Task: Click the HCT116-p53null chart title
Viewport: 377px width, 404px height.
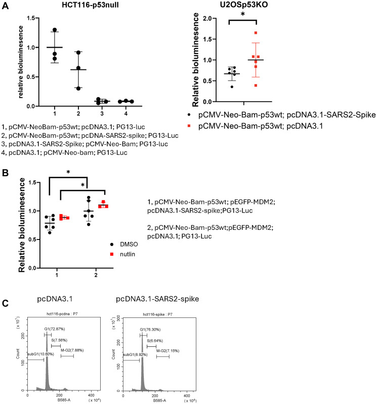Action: (x=90, y=5)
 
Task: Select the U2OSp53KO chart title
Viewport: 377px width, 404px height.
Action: (x=243, y=5)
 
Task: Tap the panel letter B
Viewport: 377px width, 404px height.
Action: (x=5, y=173)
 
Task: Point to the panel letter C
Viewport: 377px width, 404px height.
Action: (x=5, y=303)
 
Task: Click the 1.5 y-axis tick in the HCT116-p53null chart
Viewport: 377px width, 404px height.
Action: (x=32, y=18)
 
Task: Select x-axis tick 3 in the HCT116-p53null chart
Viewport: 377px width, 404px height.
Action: (x=102, y=113)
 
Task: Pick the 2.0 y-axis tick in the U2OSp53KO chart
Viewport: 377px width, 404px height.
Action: (x=207, y=18)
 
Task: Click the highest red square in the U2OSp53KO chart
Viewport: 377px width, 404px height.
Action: (x=256, y=33)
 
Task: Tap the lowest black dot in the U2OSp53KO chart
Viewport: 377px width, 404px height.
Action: (x=232, y=87)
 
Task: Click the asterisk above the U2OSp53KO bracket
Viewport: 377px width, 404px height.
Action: (x=242, y=14)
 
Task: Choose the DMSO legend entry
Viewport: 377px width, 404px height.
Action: (x=124, y=244)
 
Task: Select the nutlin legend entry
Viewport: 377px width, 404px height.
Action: (x=122, y=254)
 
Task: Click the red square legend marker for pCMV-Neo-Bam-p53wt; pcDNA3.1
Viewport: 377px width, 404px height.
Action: (x=189, y=126)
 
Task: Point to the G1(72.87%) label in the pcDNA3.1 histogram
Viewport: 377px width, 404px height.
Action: (x=55, y=329)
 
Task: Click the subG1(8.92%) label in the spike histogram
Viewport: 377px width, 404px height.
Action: (x=135, y=354)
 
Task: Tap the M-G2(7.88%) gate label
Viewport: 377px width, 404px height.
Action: (x=72, y=350)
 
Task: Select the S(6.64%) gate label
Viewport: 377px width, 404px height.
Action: (x=155, y=341)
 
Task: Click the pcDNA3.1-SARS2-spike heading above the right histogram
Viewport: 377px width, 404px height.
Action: (x=157, y=299)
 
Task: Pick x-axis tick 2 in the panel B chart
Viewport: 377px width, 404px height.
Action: (x=96, y=275)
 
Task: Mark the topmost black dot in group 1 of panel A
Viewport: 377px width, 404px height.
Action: (x=55, y=30)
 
